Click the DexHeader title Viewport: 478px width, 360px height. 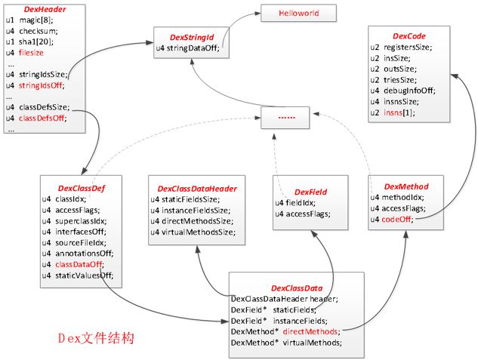(45, 10)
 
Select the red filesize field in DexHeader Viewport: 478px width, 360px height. (31, 53)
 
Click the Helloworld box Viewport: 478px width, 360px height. (299, 13)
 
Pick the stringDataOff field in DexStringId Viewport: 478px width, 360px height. (188, 48)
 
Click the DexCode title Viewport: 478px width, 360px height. (409, 36)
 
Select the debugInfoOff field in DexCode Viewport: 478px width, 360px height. (402, 91)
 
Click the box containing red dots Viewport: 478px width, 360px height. (285, 118)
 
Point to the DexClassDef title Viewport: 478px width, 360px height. (81, 188)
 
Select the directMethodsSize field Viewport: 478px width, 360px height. (192, 221)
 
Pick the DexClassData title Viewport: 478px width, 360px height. (297, 288)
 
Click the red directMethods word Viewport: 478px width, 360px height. (310, 331)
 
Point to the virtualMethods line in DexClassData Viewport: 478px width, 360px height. (286, 343)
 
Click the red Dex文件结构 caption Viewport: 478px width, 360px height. (96, 338)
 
